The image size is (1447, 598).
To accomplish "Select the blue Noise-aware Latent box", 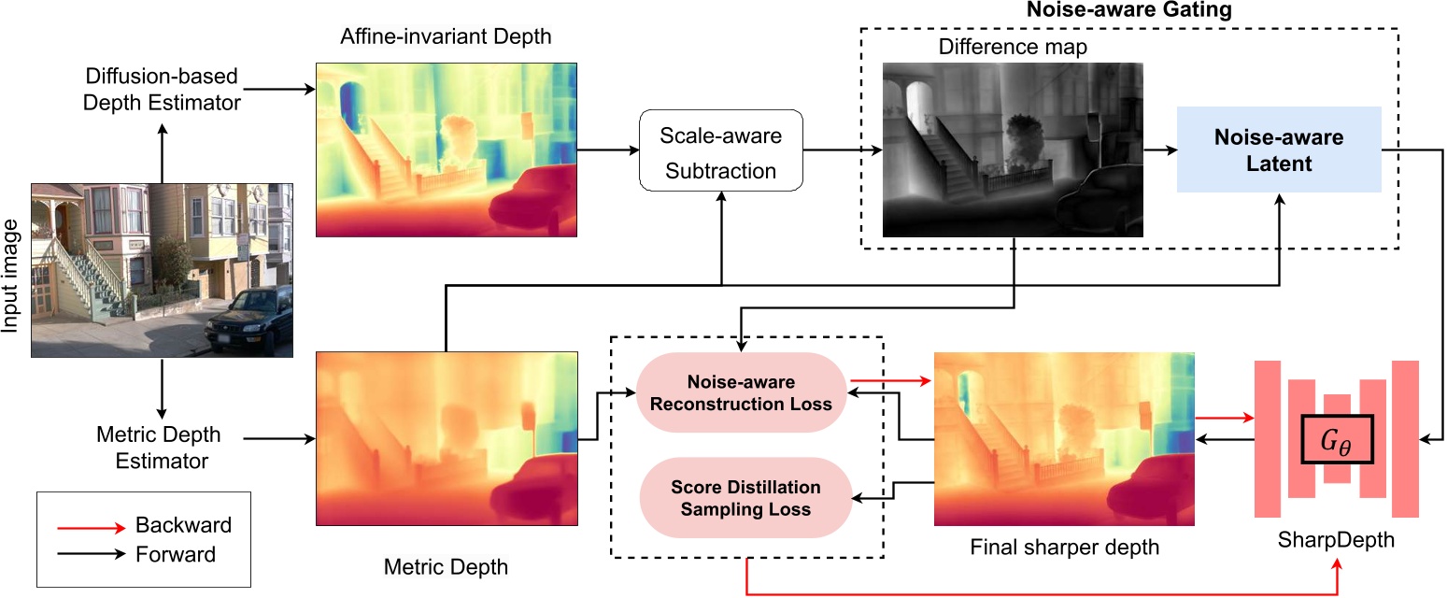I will pos(1279,149).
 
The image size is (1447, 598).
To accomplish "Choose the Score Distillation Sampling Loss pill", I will pos(745,499).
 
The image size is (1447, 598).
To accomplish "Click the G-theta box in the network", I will pos(1337,438).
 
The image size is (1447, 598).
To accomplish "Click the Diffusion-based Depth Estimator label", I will pos(163,89).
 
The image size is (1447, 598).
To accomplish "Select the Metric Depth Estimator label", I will pos(159,448).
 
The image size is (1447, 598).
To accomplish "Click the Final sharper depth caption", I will pos(1064,547).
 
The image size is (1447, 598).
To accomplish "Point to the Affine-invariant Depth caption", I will pos(446,38).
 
